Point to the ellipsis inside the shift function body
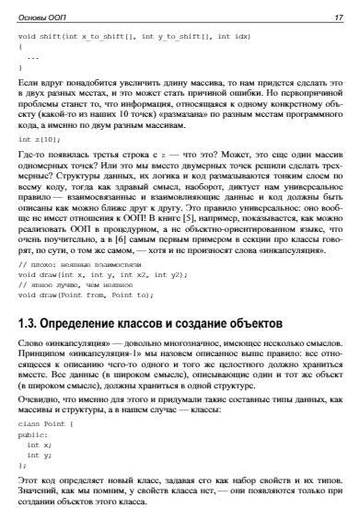pyautogui.click(x=34, y=56)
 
